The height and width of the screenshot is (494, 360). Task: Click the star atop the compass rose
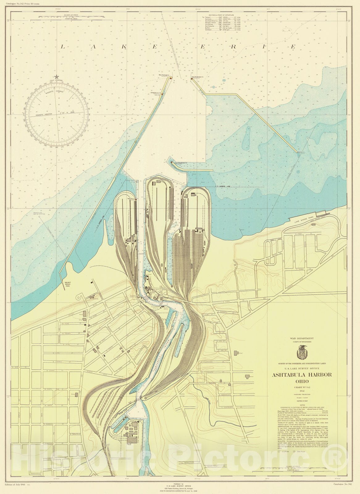[x=57, y=77]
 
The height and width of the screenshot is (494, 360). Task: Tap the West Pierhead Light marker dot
[x=170, y=78]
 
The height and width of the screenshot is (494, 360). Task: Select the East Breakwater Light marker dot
[x=192, y=79]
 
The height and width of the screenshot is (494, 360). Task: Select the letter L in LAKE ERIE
[x=63, y=47]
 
